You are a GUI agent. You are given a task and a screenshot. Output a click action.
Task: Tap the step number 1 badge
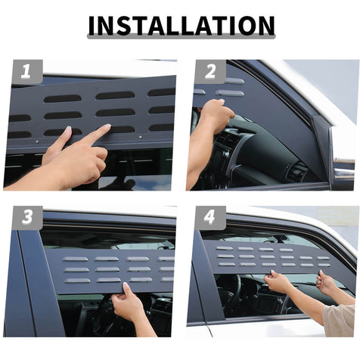(26, 73)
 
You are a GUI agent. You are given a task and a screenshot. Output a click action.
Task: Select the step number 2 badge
(210, 73)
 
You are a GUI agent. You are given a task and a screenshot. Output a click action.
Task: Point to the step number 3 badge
(26, 218)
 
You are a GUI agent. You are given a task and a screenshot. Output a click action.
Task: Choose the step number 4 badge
(210, 218)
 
